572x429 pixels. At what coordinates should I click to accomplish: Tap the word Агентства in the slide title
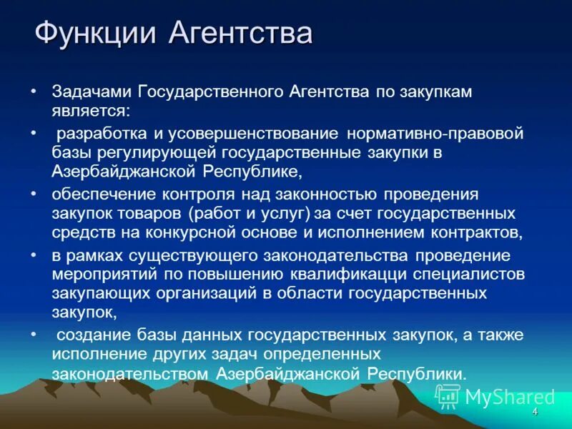240,34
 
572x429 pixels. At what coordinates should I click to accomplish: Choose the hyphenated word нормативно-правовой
425,133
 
